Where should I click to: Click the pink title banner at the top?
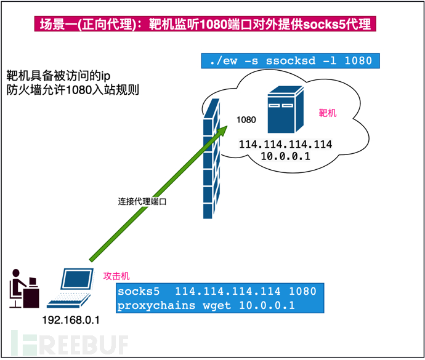(x=206, y=25)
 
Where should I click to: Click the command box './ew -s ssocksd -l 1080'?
(x=290, y=61)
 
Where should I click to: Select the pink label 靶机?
(x=327, y=113)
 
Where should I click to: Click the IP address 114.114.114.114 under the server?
(x=286, y=144)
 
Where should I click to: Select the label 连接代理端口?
(x=142, y=202)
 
